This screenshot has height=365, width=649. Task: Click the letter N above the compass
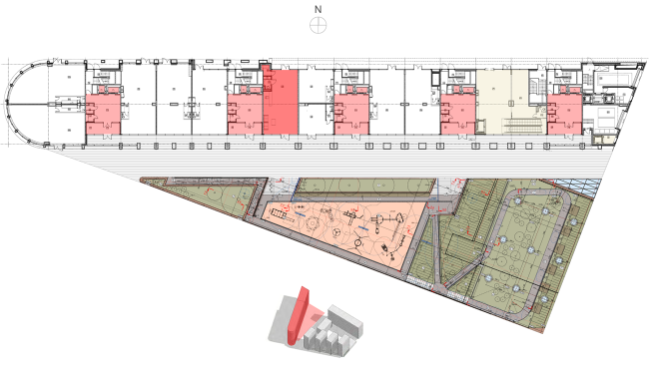click(x=318, y=9)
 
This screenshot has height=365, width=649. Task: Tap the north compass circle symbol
click(x=318, y=26)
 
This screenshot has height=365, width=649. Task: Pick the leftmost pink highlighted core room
click(x=102, y=114)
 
